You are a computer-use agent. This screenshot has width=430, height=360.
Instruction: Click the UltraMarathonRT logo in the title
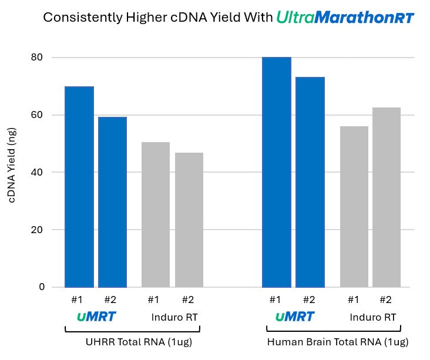click(345, 18)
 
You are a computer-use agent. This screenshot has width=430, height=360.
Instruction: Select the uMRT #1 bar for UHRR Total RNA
click(79, 187)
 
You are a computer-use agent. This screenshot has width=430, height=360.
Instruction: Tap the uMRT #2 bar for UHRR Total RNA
click(112, 202)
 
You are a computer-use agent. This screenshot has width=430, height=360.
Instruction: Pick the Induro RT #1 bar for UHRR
click(156, 214)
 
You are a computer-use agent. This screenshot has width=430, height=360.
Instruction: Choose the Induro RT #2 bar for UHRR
click(189, 220)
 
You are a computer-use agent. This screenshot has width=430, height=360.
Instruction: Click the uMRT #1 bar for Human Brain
click(276, 172)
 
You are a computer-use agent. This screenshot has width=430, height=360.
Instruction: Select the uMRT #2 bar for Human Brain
click(310, 182)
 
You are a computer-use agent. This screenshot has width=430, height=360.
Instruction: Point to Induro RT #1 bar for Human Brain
click(354, 207)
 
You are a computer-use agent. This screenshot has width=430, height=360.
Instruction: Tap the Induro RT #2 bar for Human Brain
click(387, 197)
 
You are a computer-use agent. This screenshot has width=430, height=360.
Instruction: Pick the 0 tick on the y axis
click(42, 287)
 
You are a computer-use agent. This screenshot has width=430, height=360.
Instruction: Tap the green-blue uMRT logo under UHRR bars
click(96, 317)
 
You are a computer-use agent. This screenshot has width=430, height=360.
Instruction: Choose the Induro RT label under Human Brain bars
click(373, 318)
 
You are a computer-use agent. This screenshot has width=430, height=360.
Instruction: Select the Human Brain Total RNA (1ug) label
click(337, 342)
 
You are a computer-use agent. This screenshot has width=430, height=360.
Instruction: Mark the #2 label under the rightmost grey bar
click(385, 300)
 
